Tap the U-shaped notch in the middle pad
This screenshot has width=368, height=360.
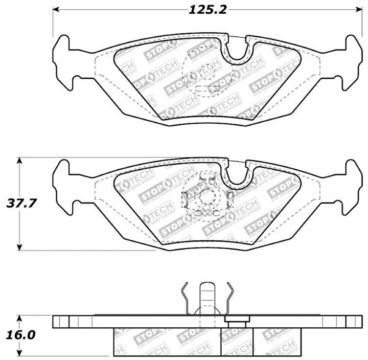[x=236, y=175]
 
